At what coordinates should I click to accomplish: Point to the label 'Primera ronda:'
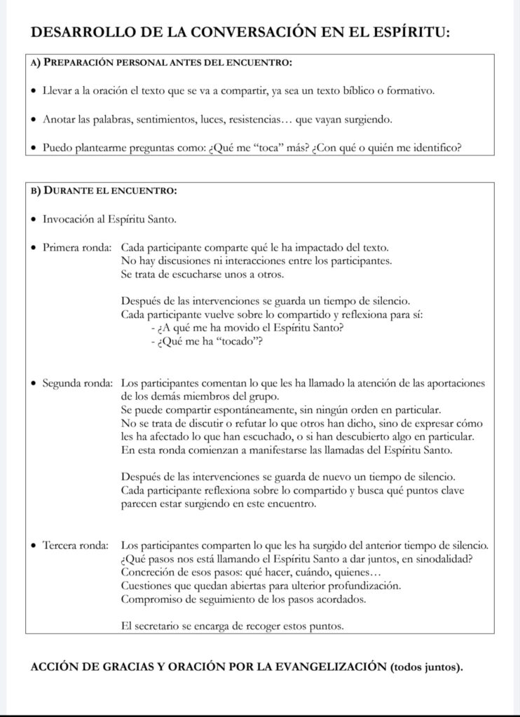75,248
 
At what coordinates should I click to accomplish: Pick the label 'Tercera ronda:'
75,545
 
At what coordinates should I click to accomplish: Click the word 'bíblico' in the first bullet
368,91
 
